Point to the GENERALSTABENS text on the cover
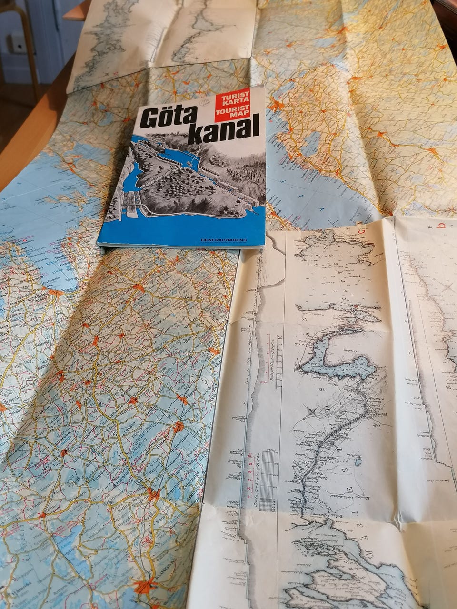(224, 240)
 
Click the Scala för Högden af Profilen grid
(269, 473)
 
